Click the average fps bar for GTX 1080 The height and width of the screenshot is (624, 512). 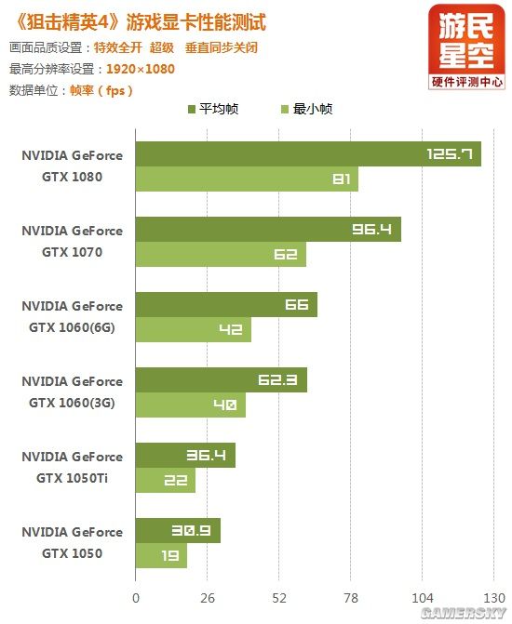click(307, 154)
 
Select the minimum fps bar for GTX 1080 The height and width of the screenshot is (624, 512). click(247, 179)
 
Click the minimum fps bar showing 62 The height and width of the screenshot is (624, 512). click(221, 255)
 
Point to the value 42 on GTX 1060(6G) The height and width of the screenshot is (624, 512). click(230, 330)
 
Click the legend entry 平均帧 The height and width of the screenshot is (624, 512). click(213, 109)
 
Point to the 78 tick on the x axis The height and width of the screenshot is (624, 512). click(351, 598)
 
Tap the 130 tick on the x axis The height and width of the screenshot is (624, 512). click(493, 598)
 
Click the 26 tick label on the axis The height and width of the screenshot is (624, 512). click(208, 598)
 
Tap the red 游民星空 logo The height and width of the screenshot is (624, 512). click(467, 46)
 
